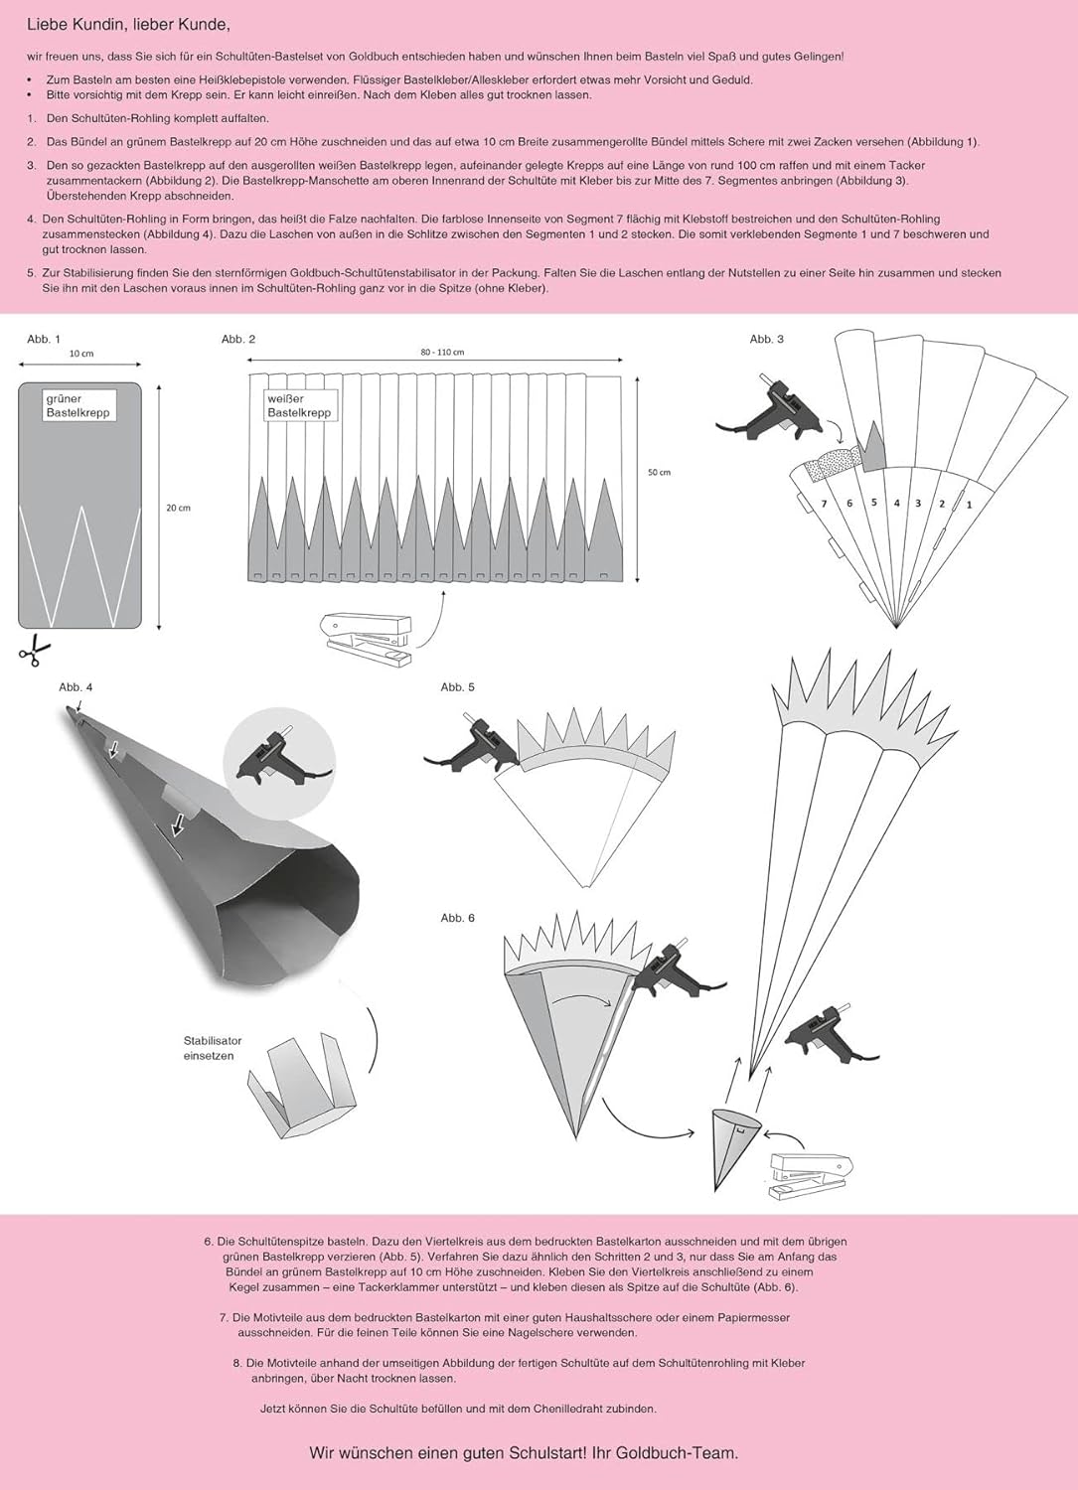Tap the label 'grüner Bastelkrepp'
tap(79, 405)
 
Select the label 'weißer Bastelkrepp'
tap(299, 405)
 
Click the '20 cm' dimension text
tap(178, 508)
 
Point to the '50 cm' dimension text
tap(659, 473)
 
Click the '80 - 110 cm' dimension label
tap(442, 353)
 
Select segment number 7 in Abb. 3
tap(825, 505)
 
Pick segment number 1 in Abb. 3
tap(969, 505)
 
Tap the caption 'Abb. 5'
tap(457, 687)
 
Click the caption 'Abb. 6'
tap(457, 918)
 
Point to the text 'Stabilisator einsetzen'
tap(212, 1048)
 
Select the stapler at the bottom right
tap(811, 1179)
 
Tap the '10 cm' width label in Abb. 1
tap(81, 354)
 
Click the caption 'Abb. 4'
tap(76, 687)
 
